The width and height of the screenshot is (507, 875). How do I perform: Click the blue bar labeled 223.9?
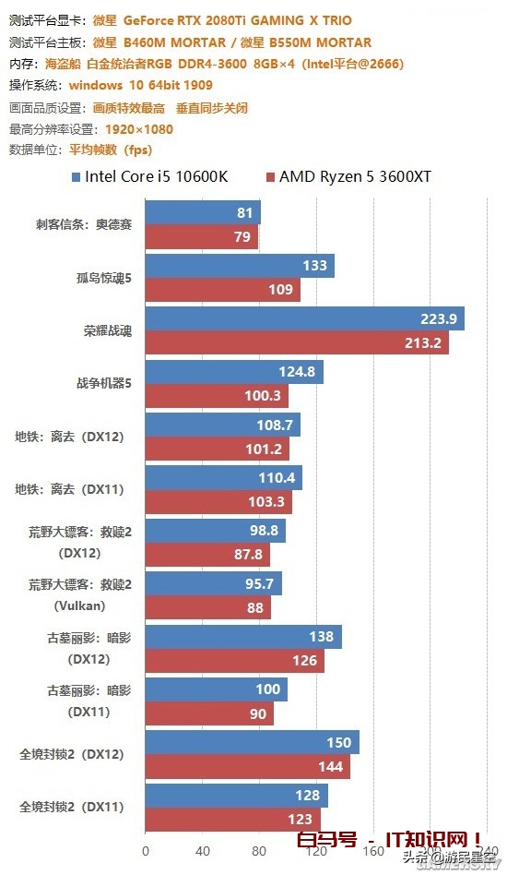pyautogui.click(x=304, y=318)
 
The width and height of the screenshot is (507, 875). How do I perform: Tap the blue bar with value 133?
pyautogui.click(x=240, y=266)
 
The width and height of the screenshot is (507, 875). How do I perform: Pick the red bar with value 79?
pyautogui.click(x=201, y=238)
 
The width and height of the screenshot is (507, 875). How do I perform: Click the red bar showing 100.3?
pyautogui.click(x=217, y=396)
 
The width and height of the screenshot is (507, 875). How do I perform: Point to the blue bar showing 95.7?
pyautogui.click(x=213, y=584)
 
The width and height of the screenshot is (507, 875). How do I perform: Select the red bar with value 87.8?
pyautogui.click(x=207, y=556)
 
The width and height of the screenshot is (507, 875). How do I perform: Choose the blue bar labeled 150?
pyautogui.click(x=252, y=743)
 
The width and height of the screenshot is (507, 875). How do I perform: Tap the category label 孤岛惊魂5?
pyautogui.click(x=104, y=278)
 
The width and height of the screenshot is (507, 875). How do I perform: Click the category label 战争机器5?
pyautogui.click(x=104, y=384)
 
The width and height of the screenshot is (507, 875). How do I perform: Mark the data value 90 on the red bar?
pyautogui.click(x=256, y=714)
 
